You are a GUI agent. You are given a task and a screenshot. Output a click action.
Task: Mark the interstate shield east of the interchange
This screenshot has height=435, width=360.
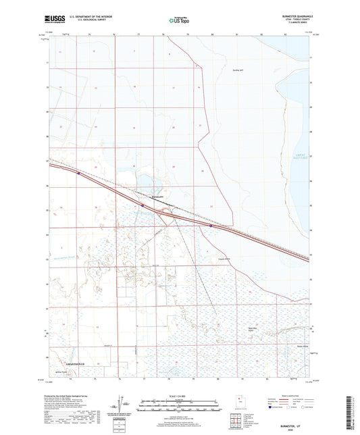pos(211,226)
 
